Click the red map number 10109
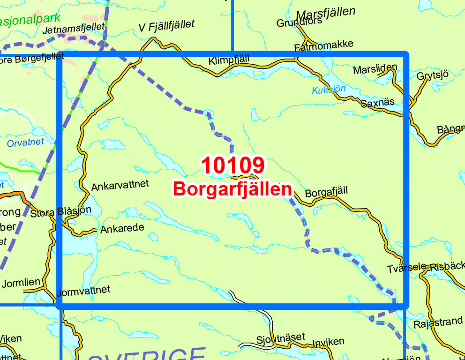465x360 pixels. [x=233, y=165]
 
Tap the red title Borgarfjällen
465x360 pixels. [x=232, y=189]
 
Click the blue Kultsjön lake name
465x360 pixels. [x=329, y=89]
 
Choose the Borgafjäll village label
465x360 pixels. [x=327, y=192]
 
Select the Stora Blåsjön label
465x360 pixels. [x=60, y=212]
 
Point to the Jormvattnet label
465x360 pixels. [x=83, y=291]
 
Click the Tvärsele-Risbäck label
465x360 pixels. [x=426, y=268]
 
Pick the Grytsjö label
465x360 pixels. [x=433, y=75]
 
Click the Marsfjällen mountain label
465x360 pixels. [x=326, y=12]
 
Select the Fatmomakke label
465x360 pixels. [x=323, y=45]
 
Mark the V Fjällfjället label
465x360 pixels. [x=166, y=27]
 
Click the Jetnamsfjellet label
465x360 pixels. [x=73, y=29]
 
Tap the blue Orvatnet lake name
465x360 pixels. [x=25, y=142]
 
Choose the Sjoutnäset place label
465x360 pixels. [x=280, y=337]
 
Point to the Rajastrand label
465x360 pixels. [x=438, y=323]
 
